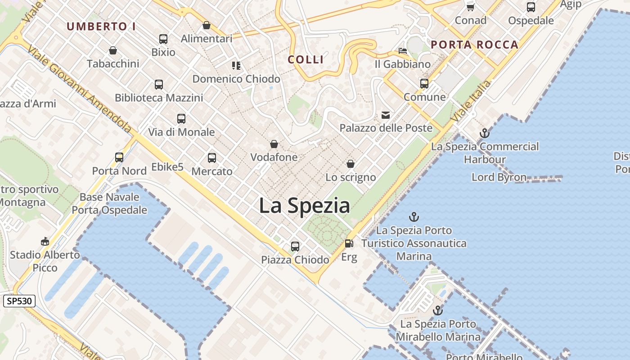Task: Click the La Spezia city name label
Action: tap(304, 206)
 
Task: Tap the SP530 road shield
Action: tap(19, 301)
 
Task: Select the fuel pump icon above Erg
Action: tap(349, 243)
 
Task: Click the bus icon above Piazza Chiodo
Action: tap(295, 247)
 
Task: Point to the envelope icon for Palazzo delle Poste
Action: tap(386, 115)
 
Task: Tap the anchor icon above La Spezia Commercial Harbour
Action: tap(485, 133)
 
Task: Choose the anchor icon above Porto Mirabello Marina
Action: tap(437, 310)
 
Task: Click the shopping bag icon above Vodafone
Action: tap(274, 144)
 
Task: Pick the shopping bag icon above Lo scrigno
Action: tap(351, 164)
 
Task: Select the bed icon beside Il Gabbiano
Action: tap(403, 51)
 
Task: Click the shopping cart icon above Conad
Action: tap(471, 7)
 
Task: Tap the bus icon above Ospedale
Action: tap(531, 7)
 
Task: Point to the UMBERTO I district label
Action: tap(101, 27)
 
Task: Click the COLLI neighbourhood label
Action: tap(306, 59)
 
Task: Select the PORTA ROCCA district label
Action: tap(475, 45)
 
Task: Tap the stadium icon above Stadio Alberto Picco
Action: tap(45, 242)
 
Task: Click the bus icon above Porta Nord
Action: tap(119, 157)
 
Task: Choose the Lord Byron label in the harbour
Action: tap(499, 177)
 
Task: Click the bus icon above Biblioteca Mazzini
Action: tap(159, 85)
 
